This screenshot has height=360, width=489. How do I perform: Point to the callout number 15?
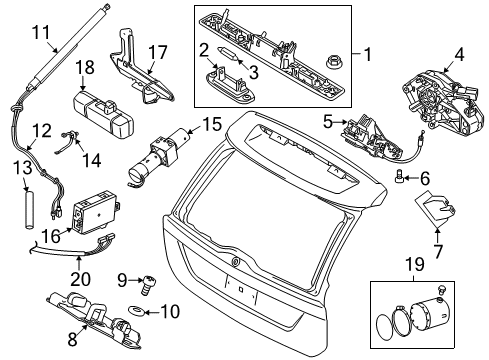pyautogui.click(x=210, y=126)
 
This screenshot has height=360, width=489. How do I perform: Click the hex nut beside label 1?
pyautogui.click(x=331, y=65)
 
